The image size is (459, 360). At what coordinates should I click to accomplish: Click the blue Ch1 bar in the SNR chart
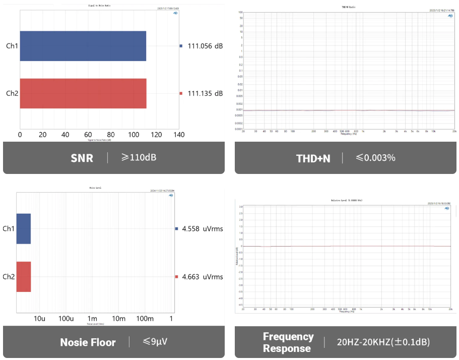[83, 46]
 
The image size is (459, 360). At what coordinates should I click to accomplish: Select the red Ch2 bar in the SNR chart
[83, 93]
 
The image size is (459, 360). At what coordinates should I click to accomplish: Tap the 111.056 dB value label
[205, 46]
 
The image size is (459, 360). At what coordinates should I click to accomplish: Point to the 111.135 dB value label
[205, 93]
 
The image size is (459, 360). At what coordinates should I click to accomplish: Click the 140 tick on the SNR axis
[179, 135]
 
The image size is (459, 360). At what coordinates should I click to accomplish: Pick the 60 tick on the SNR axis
[88, 135]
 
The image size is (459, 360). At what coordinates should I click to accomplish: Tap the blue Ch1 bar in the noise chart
[24, 229]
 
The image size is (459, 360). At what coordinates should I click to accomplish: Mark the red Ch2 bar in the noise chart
[24, 277]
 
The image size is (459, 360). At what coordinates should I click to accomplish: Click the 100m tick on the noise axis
[146, 319]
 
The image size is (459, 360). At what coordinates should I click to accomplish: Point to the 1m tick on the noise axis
[92, 319]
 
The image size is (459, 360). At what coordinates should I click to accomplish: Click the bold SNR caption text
[82, 158]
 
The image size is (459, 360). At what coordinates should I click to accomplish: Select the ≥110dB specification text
[139, 157]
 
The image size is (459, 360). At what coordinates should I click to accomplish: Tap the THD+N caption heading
[313, 158]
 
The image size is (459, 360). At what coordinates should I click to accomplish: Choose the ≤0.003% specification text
[376, 158]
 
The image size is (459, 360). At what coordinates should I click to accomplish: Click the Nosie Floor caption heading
[88, 342]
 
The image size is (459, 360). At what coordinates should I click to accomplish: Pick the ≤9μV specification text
[155, 342]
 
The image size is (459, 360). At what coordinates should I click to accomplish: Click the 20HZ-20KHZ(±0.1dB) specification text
[383, 342]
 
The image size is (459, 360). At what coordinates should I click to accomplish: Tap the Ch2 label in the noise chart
[9, 277]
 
